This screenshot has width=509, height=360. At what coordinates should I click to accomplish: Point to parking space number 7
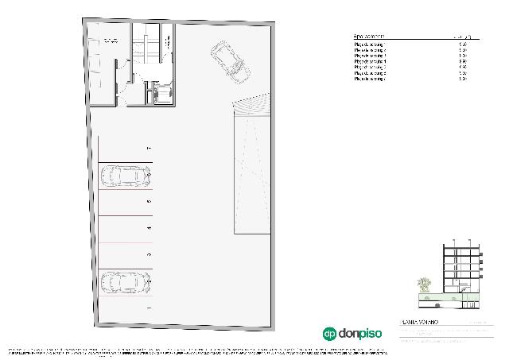click(x=125, y=149)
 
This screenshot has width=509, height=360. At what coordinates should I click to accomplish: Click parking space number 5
click(x=125, y=203)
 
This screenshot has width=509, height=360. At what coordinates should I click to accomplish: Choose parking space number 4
click(x=125, y=228)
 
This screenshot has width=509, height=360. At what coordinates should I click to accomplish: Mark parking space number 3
click(x=125, y=254)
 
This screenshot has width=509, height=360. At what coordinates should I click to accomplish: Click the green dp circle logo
click(x=329, y=334)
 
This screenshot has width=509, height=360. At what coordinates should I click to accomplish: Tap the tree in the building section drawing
click(x=424, y=285)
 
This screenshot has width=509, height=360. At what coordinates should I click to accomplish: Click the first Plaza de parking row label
click(x=371, y=45)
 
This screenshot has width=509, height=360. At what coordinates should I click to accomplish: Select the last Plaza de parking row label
click(x=371, y=79)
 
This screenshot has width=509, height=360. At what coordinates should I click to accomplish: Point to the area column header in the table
click(x=466, y=37)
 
